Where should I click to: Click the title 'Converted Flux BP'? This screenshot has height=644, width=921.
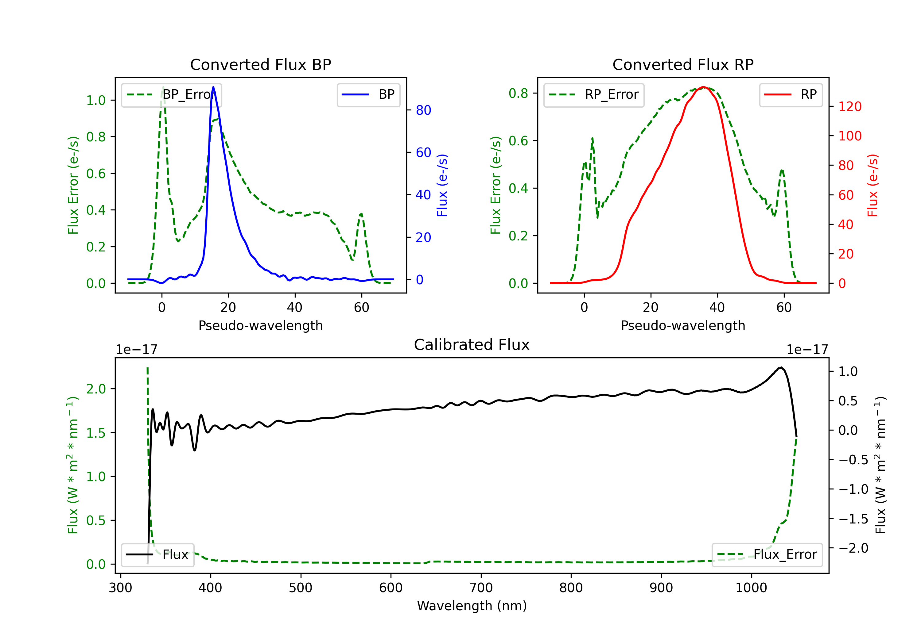[260, 64]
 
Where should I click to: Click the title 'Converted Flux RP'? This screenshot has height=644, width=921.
[683, 64]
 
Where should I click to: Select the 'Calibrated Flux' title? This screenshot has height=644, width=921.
[472, 345]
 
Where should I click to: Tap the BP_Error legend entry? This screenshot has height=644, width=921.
[171, 94]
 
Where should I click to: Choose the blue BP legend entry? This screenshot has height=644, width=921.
[368, 94]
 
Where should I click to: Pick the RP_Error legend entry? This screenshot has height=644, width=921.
[594, 94]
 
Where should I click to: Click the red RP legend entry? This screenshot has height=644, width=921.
[791, 94]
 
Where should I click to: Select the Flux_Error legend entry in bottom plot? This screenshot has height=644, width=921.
[767, 555]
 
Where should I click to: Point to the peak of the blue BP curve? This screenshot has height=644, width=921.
[213, 87]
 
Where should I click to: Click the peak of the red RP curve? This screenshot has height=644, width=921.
[703, 87]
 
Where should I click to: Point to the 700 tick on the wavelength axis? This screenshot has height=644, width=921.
[481, 588]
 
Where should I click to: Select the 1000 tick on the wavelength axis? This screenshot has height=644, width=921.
[751, 588]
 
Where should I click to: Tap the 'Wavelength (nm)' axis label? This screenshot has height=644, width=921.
[472, 606]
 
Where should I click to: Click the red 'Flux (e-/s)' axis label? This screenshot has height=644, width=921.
[872, 185]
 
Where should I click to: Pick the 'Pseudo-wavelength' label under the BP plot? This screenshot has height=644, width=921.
[260, 325]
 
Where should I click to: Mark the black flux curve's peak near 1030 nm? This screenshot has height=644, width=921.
[781, 367]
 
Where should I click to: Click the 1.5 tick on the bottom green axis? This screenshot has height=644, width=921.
[96, 433]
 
